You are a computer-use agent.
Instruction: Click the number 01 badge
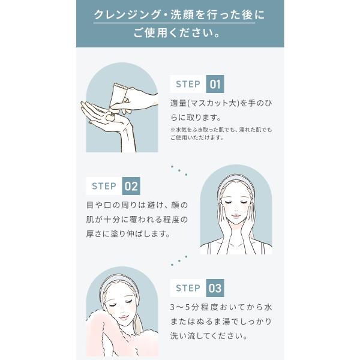[x=215, y=84]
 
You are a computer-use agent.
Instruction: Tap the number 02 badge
[x=131, y=186]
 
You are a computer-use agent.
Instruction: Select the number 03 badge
[x=215, y=288]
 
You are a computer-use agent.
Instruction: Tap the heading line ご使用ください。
[x=179, y=32]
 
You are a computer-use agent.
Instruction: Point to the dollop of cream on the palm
[x=110, y=118]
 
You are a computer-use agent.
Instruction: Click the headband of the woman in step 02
[x=236, y=181]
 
